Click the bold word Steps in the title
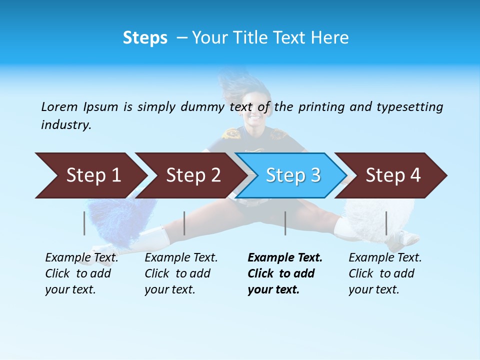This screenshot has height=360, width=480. pyautogui.click(x=145, y=38)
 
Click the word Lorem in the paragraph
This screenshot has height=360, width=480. pyautogui.click(x=59, y=106)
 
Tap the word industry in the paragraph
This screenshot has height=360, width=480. pyautogui.click(x=66, y=124)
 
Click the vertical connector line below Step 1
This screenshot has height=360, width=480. pyautogui.click(x=84, y=223)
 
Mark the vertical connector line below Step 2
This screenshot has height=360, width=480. pyautogui.click(x=184, y=223)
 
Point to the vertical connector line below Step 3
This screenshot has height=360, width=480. pyautogui.click(x=285, y=223)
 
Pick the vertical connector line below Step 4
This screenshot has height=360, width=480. pyautogui.click(x=386, y=223)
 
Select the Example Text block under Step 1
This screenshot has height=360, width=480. pyautogui.click(x=81, y=273)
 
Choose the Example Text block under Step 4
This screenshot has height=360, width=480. pyautogui.click(x=384, y=273)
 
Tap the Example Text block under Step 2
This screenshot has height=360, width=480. pyautogui.click(x=181, y=273)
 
